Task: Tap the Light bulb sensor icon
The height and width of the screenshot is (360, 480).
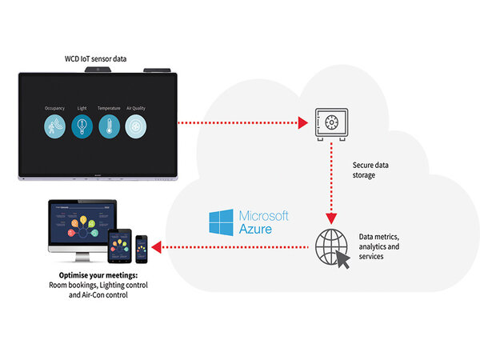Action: click(x=81, y=126)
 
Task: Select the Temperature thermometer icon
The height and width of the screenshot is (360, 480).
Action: click(x=109, y=126)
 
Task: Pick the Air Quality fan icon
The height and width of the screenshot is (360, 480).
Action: click(x=135, y=126)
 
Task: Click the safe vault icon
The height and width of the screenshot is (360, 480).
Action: click(x=329, y=122)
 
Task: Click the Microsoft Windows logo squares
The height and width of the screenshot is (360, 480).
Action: click(x=220, y=222)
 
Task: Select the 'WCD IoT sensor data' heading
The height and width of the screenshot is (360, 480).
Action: click(x=97, y=59)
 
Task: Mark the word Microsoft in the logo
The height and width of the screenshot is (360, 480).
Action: click(x=264, y=216)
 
